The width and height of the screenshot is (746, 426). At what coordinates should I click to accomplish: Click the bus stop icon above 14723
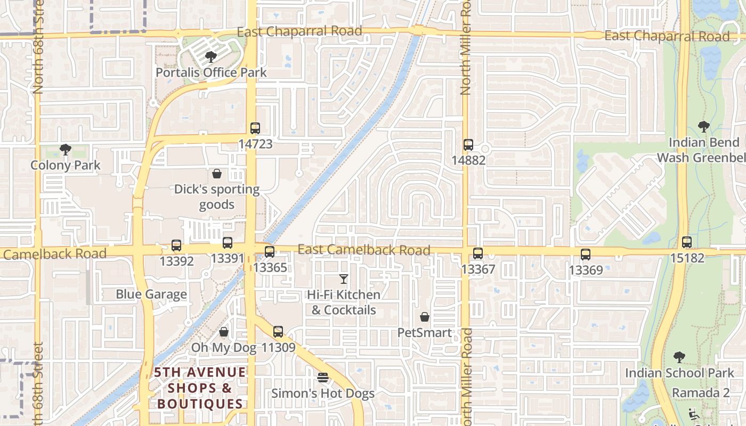click(255, 128)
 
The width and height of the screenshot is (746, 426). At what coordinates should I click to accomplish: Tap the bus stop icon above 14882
click(468, 145)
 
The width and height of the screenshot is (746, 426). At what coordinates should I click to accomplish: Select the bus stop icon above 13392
click(176, 246)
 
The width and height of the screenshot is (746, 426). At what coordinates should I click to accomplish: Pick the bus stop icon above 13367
click(478, 253)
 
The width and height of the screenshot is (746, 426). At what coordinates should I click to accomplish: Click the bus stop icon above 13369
click(586, 255)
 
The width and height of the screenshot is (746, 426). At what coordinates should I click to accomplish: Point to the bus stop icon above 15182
click(687, 242)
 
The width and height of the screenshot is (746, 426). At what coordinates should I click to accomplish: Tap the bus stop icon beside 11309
click(278, 332)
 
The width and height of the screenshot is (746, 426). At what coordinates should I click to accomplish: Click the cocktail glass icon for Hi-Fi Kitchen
click(344, 279)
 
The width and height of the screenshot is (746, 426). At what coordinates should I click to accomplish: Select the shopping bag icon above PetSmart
click(425, 317)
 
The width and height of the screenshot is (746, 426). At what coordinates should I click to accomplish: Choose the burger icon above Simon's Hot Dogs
click(323, 378)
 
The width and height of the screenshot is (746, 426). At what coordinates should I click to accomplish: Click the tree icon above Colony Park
click(66, 150)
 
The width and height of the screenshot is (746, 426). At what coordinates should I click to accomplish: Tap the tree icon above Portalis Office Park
click(211, 56)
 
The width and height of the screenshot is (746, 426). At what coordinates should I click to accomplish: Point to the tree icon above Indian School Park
click(679, 357)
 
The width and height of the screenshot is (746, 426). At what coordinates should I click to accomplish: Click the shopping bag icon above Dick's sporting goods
click(217, 174)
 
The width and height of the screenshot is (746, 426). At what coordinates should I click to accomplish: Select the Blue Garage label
click(151, 294)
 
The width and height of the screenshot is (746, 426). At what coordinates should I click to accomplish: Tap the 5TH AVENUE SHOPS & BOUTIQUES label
click(200, 388)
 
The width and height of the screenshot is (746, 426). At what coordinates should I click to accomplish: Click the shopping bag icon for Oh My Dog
click(224, 332)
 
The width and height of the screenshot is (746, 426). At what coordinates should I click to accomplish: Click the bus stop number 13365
click(270, 267)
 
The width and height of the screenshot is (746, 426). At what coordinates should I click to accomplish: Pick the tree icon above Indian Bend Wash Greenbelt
click(704, 127)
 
